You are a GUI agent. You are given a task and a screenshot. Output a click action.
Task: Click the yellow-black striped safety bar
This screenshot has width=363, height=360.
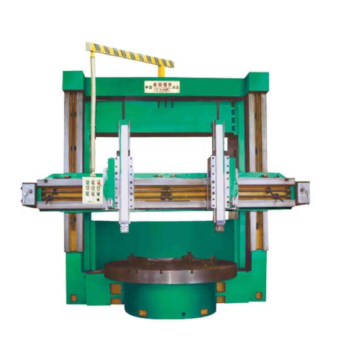coord(129,54)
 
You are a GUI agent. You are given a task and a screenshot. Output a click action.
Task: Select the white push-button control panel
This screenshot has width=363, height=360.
coord(91,191)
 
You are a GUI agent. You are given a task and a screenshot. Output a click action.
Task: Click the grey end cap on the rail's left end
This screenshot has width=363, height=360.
coord(27,194)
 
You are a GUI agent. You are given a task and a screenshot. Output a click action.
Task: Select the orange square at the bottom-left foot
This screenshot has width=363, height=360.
coord(73,298)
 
